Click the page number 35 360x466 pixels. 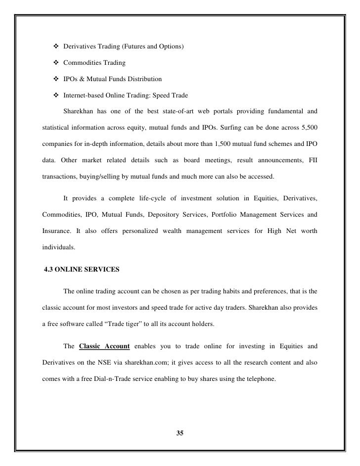pos(180,434)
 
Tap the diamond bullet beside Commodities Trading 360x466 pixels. pos(55,63)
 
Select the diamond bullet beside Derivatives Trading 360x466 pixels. pos(55,47)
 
